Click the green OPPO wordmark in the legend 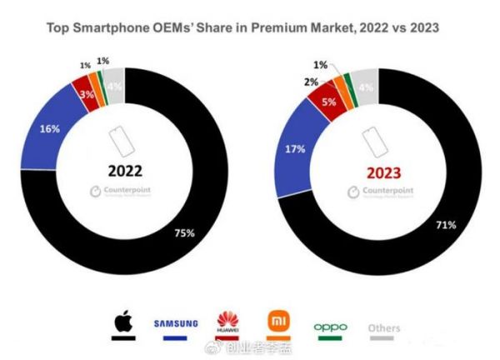pos(330,327)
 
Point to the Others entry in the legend pos(384,328)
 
